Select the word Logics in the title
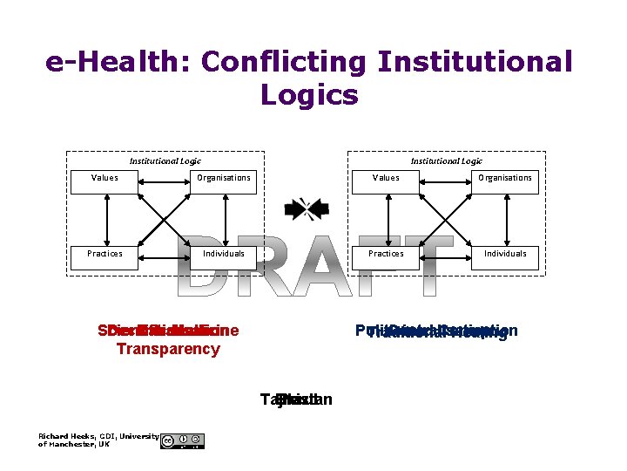click(309, 95)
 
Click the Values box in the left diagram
click(104, 178)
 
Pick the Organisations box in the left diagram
click(224, 178)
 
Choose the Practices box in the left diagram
click(104, 254)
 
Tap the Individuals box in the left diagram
click(224, 254)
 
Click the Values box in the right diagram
click(386, 178)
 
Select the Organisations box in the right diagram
click(505, 178)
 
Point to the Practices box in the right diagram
click(386, 254)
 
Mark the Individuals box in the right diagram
click(505, 254)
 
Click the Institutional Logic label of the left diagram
click(165, 160)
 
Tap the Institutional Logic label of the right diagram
click(447, 160)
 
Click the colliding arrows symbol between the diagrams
click(306, 208)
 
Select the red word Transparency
click(168, 350)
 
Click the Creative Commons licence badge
click(182, 440)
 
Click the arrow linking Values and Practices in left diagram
click(104, 215)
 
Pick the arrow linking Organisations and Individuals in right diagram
click(505, 215)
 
